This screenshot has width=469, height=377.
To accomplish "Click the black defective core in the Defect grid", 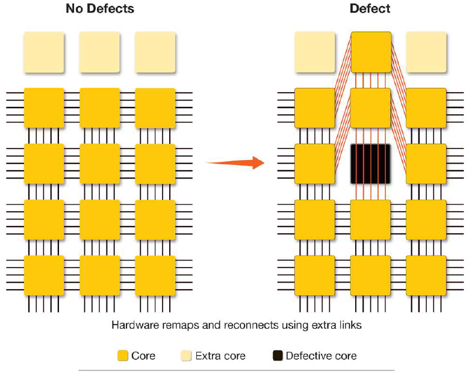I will [371, 164].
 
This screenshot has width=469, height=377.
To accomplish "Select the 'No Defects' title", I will [100, 9].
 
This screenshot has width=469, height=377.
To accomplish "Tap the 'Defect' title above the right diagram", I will [370, 9].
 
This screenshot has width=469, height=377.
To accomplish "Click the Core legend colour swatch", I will [122, 356].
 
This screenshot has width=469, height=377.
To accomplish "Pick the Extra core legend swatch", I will [187, 356].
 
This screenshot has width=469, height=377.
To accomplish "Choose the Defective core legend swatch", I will [278, 356].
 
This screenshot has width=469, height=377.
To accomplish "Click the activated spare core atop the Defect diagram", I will [371, 52].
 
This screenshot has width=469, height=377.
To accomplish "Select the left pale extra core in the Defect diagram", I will [314, 52].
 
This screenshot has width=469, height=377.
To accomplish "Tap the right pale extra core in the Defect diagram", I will [426, 52].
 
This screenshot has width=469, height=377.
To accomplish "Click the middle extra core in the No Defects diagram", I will [99, 52].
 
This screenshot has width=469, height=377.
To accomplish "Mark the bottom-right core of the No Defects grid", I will [155, 275].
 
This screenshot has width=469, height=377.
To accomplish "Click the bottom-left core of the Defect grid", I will [314, 275].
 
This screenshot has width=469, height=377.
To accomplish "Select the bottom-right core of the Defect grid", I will [426, 275].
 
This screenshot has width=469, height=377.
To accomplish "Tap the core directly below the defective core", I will [371, 219].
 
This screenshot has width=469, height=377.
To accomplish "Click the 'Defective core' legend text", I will [321, 356].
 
